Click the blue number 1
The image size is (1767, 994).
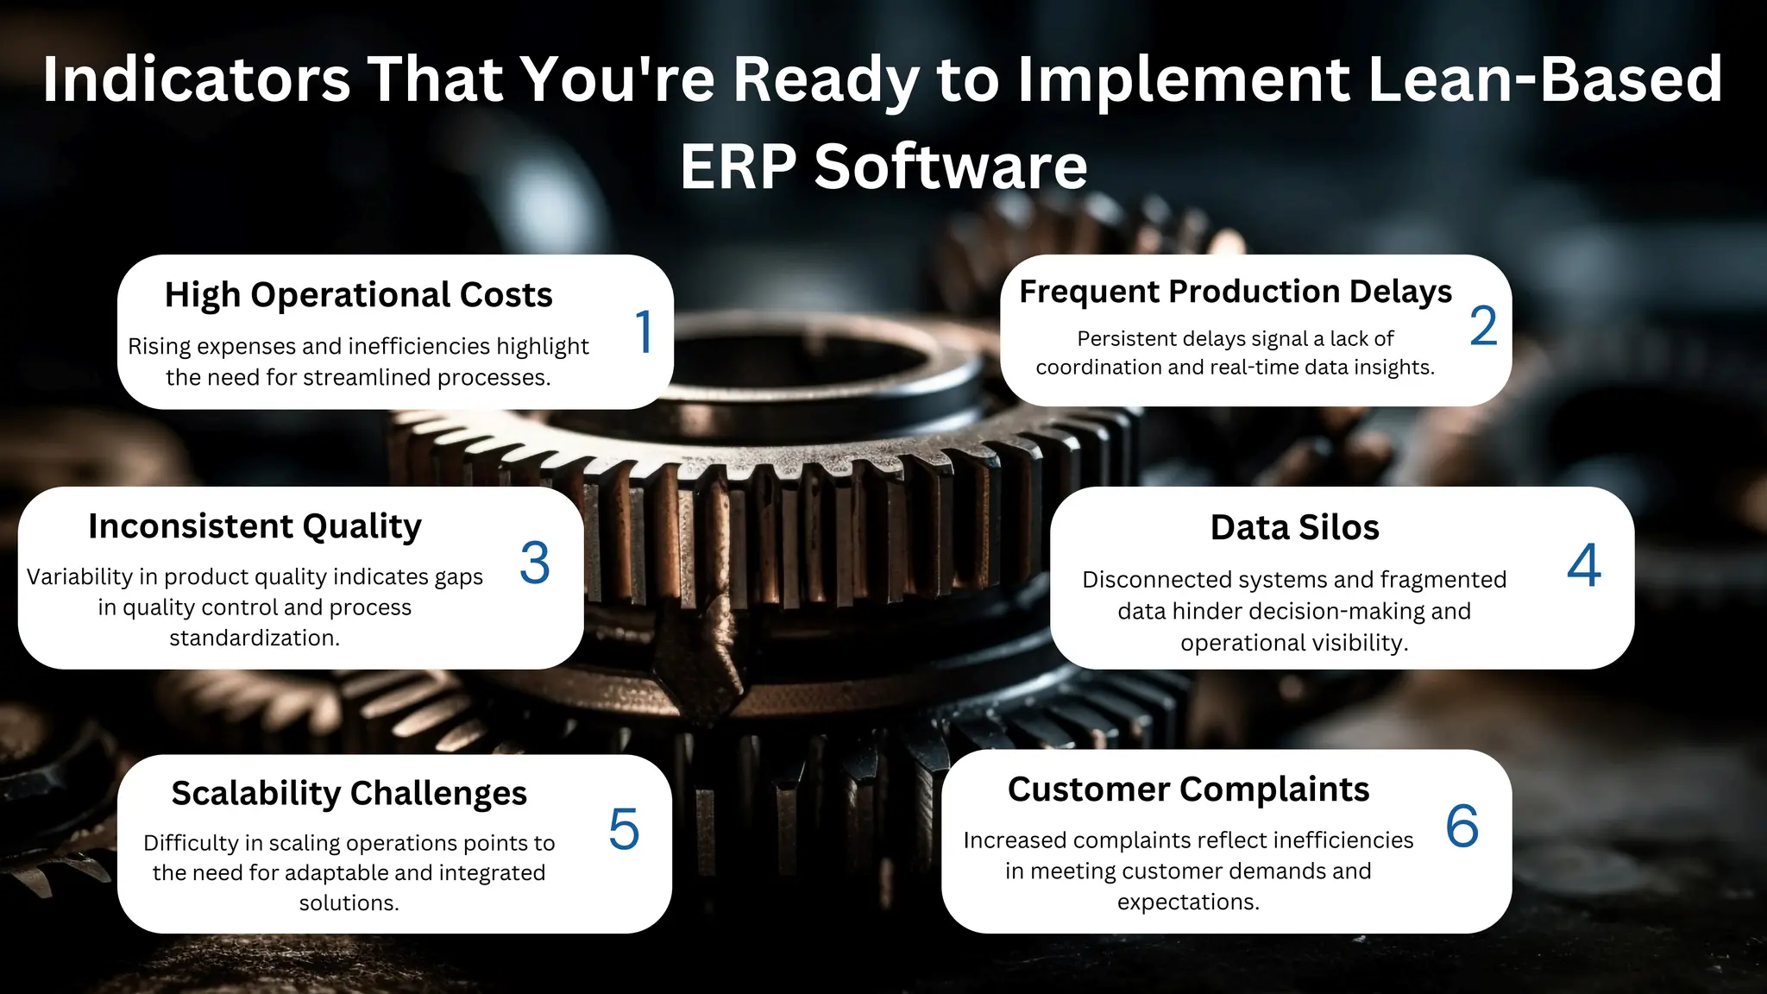click(644, 331)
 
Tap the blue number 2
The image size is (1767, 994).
click(1483, 326)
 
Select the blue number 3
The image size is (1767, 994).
click(535, 563)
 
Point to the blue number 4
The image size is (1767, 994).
click(1584, 566)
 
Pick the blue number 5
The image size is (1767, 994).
click(624, 829)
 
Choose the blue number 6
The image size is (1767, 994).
click(1462, 826)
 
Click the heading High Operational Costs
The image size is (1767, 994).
click(358, 295)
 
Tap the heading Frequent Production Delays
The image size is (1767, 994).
click(1236, 292)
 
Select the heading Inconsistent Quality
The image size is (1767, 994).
click(255, 526)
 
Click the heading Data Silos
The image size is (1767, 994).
click(1294, 527)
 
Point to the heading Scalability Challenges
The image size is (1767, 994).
click(349, 793)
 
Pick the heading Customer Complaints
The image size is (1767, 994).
click(1188, 790)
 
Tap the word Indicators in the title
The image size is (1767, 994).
click(196, 79)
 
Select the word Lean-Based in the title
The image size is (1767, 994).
click(1545, 79)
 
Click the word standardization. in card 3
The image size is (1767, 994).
click(255, 639)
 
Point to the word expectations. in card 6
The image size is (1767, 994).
click(1188, 903)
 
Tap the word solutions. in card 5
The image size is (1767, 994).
click(349, 903)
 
